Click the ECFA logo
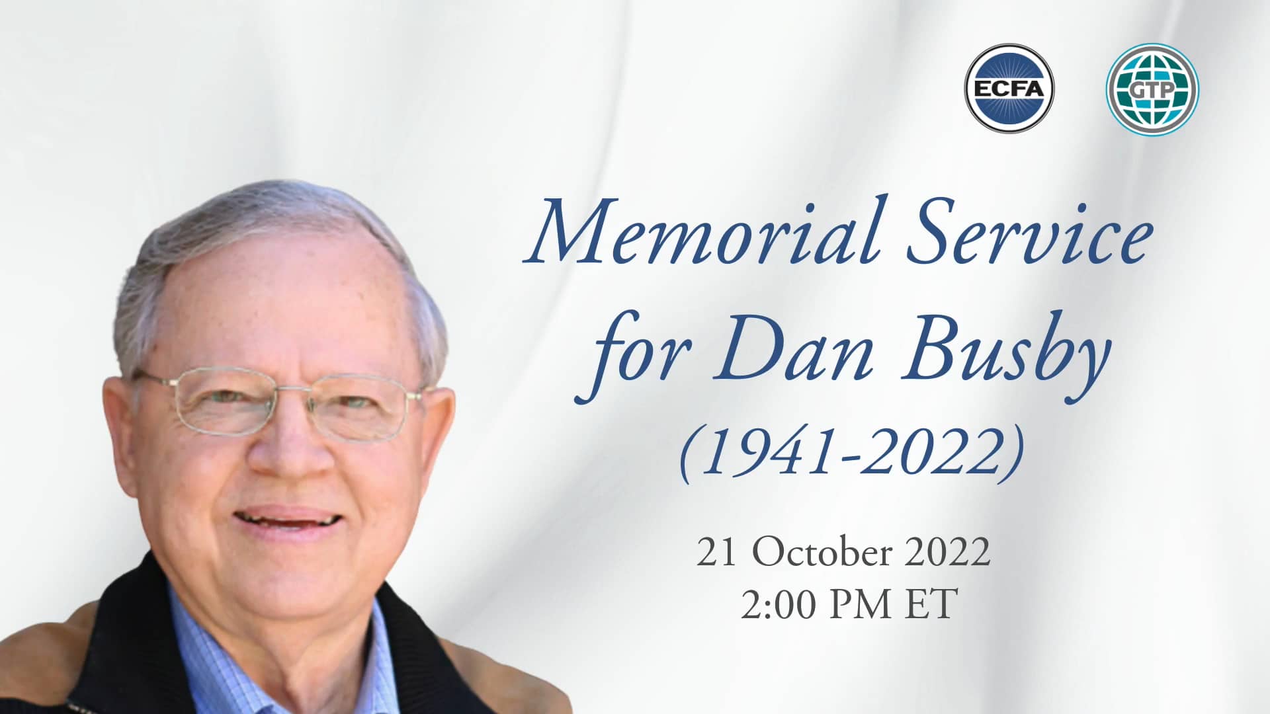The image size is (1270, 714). [x=1009, y=89]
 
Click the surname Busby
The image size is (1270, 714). [x=1005, y=360]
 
